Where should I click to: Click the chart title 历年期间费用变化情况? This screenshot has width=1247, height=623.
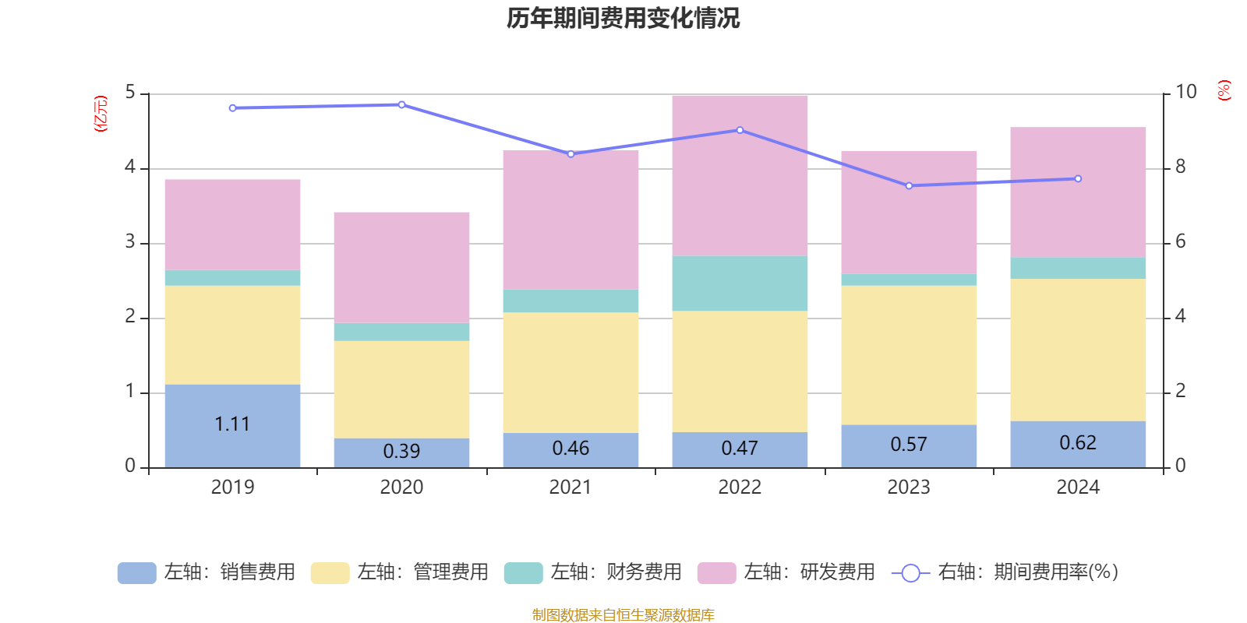point(623,18)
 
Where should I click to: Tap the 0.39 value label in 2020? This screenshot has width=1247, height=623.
point(401,451)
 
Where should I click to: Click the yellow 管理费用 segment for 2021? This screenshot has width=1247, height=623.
point(571,372)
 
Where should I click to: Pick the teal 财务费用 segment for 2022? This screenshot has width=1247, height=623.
point(740,283)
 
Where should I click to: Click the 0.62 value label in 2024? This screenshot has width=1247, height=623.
point(1078,442)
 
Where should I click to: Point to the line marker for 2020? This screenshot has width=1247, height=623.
point(401,104)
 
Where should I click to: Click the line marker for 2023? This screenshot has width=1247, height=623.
point(909,185)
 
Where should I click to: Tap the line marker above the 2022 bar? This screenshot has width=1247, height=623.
point(740,130)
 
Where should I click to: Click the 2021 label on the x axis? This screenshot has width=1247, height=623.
point(571,487)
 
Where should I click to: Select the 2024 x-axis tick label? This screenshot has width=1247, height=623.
point(1078,487)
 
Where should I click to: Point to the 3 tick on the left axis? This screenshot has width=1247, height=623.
point(131,242)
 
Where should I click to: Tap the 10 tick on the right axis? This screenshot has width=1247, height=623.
point(1185,92)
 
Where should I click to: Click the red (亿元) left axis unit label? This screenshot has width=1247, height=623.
point(100,114)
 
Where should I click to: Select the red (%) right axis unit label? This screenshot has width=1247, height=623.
point(1224,90)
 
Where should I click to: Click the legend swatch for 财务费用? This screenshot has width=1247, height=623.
point(523,573)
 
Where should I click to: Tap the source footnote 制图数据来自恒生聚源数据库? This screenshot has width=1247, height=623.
point(623,615)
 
